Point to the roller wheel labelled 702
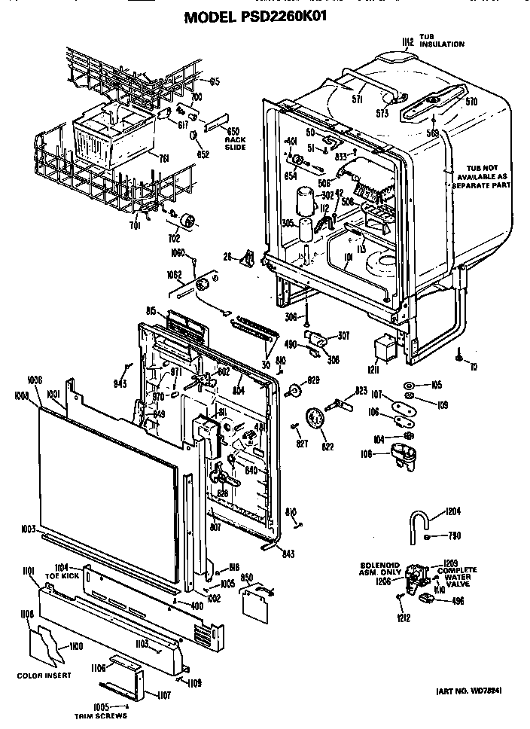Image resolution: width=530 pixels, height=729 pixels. [186, 221]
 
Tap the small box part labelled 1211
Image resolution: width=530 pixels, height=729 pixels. [385, 348]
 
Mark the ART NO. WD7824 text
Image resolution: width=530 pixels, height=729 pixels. [468, 690]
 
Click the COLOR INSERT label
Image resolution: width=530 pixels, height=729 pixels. [44, 675]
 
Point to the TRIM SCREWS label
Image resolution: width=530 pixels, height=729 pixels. [99, 716]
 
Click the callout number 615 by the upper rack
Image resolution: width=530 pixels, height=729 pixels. [215, 81]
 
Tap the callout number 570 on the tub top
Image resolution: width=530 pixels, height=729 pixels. [471, 100]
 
